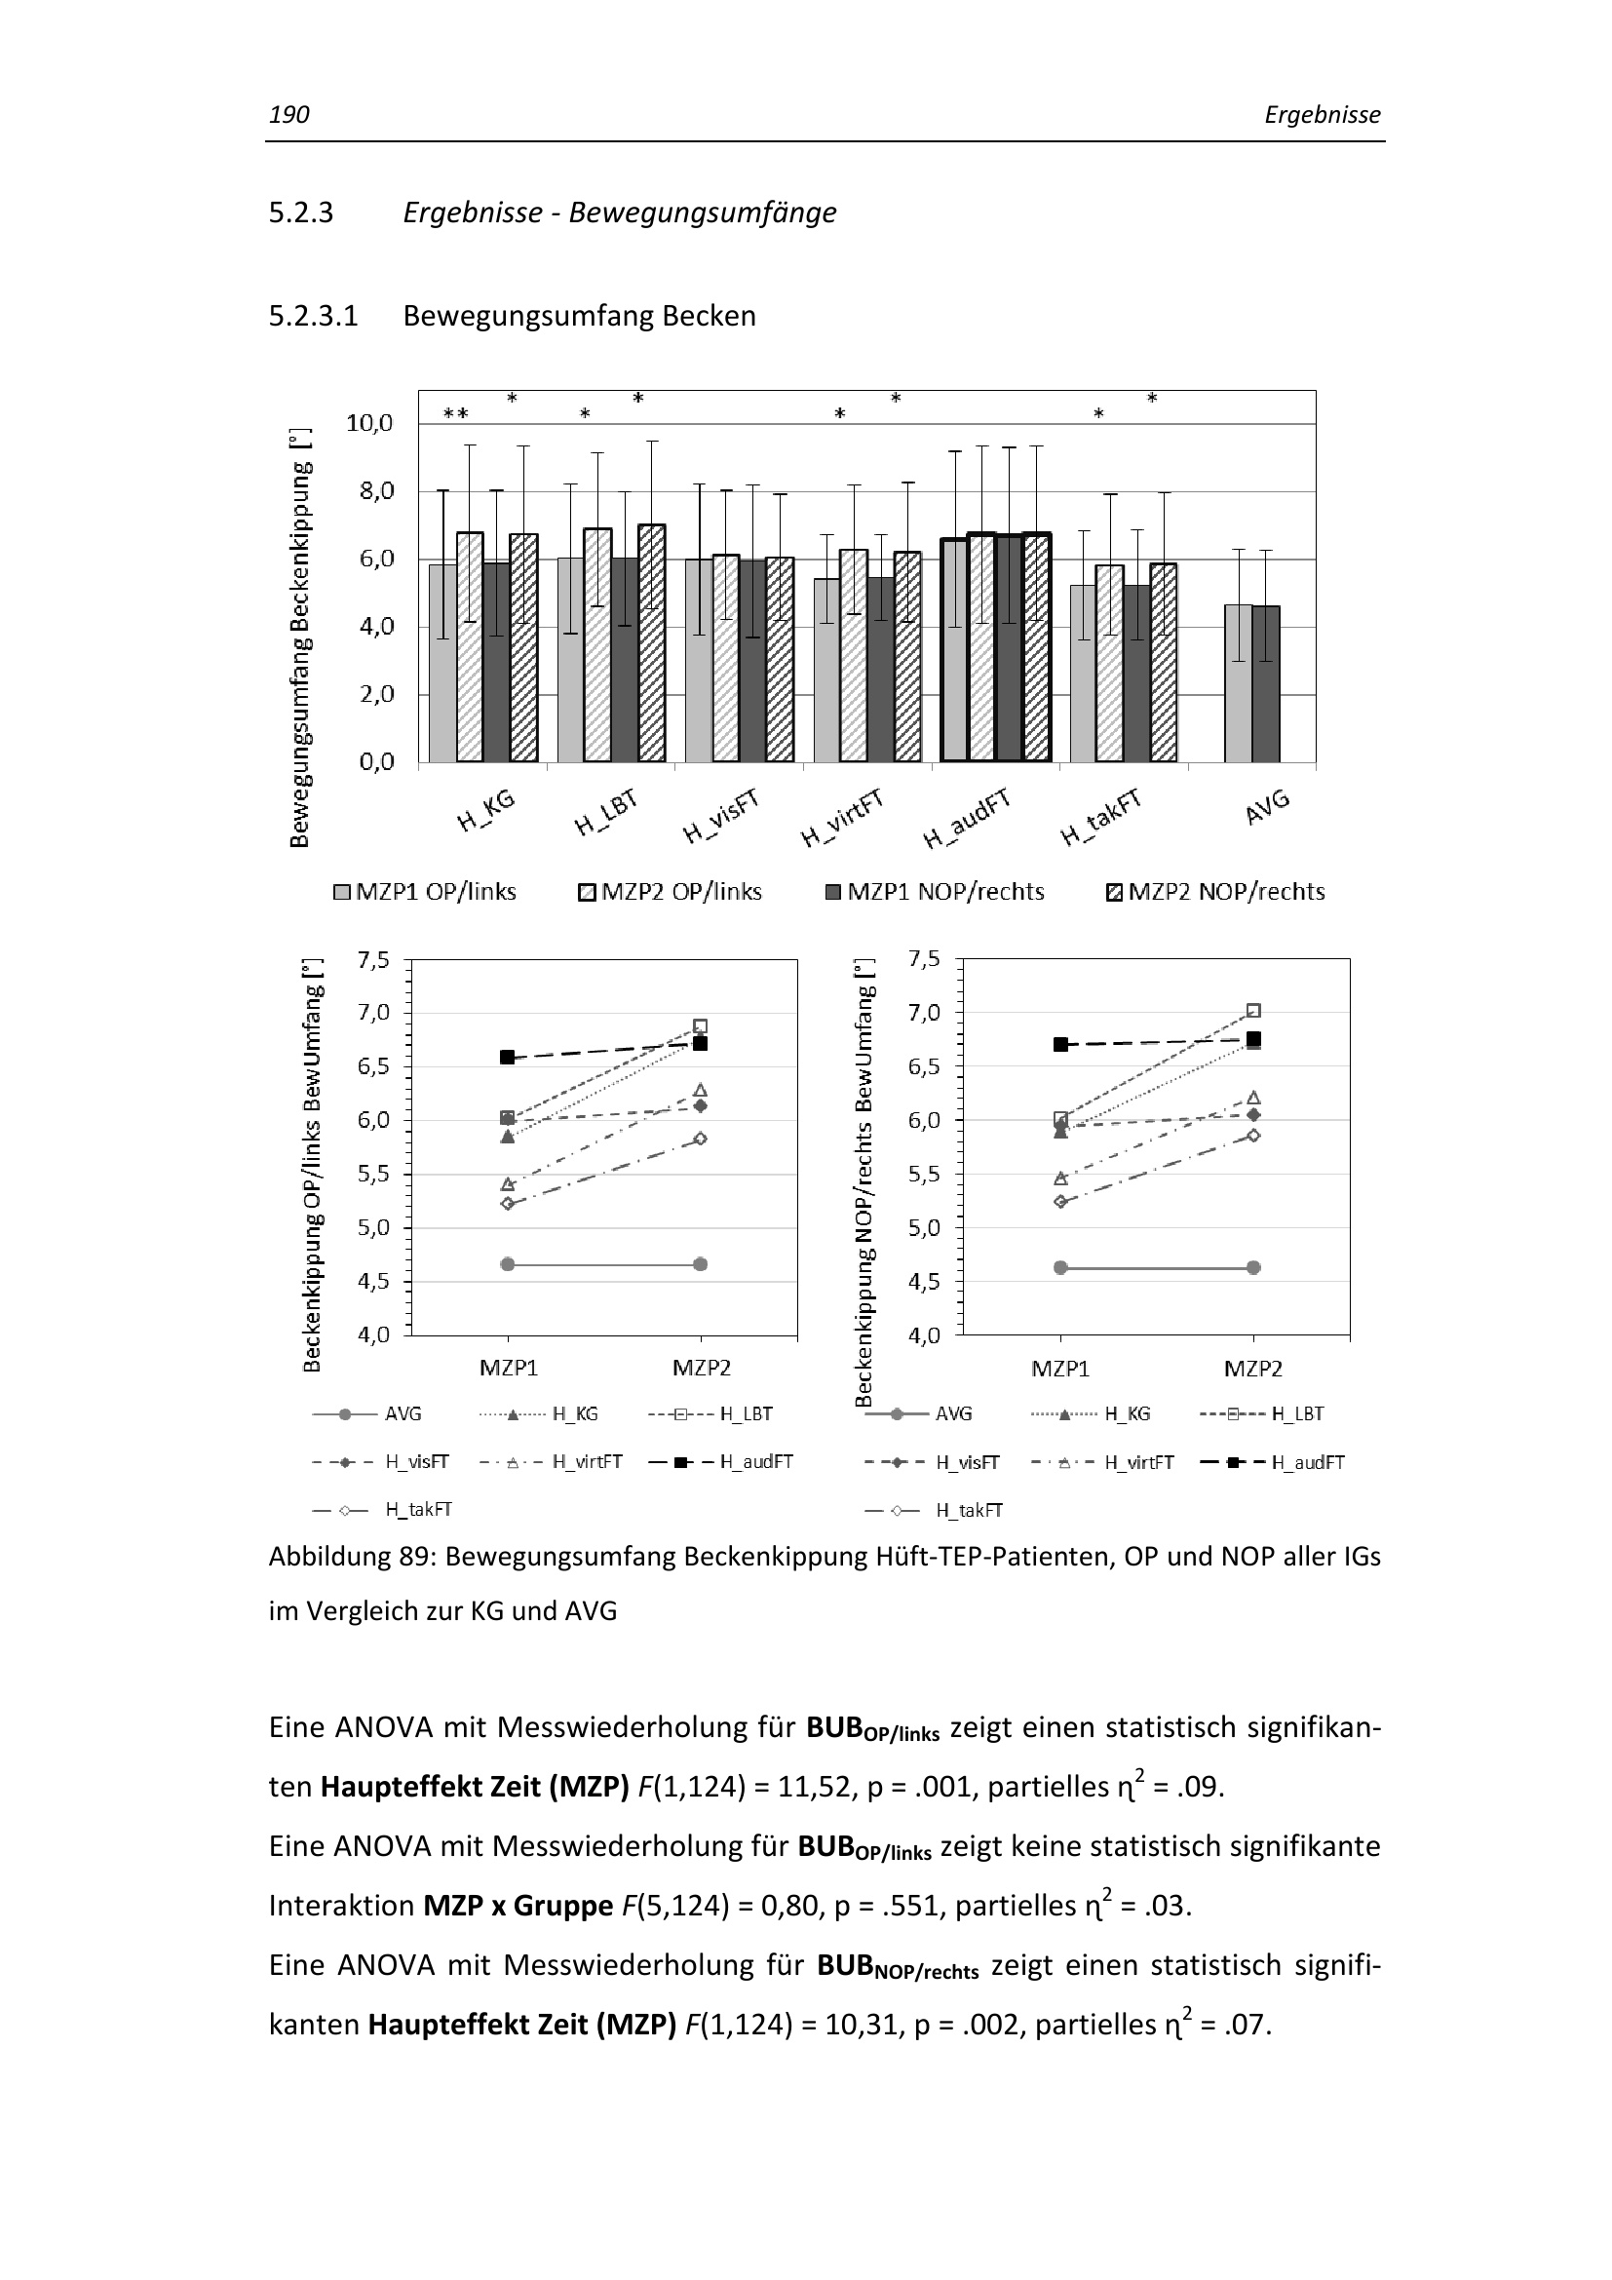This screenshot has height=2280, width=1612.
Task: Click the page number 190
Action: pos(288,115)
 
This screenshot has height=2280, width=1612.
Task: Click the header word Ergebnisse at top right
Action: pos(1322,115)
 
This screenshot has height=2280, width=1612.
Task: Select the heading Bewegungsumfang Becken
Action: pos(579,316)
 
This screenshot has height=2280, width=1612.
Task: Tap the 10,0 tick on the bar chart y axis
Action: pos(369,423)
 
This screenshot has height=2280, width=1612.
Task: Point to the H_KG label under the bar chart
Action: pos(485,810)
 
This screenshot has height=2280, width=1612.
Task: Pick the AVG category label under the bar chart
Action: pos(1267,806)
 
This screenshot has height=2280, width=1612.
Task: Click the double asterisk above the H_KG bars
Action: pos(455,414)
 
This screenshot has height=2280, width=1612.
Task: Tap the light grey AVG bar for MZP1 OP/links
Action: pos(1236,683)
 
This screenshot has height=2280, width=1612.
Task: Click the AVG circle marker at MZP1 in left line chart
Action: pos(507,1264)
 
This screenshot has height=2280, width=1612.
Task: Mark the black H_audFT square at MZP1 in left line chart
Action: pos(507,1058)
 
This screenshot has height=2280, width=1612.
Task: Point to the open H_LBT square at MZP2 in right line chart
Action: pos(1253,1011)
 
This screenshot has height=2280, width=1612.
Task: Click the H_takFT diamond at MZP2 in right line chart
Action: pos(1253,1135)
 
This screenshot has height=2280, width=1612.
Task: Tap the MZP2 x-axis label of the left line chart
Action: pos(701,1369)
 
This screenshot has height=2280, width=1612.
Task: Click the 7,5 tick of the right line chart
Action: pos(923,959)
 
